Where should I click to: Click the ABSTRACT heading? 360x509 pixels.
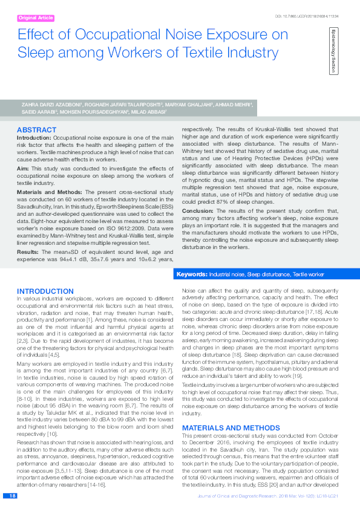[37, 130]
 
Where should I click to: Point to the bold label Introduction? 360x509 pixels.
[34, 138]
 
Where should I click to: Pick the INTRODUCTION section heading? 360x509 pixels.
[45, 291]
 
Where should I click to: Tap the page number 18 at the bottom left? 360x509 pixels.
[11, 496]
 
